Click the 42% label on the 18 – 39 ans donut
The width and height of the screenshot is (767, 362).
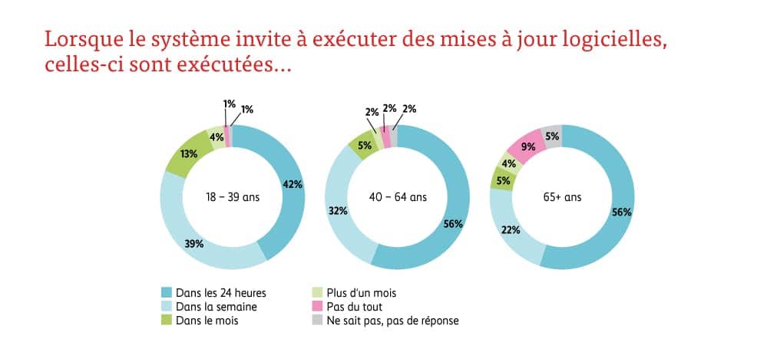pyautogui.click(x=293, y=184)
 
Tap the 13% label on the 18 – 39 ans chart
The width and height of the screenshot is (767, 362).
pyautogui.click(x=188, y=153)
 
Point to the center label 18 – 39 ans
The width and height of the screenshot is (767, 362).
pyautogui.click(x=232, y=197)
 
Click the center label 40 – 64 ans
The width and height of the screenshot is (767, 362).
pyautogui.click(x=397, y=197)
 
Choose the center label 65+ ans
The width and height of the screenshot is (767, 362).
pyautogui.click(x=562, y=197)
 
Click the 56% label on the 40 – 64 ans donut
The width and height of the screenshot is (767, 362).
pyautogui.click(x=453, y=224)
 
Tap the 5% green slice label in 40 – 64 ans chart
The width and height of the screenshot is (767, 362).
pyautogui.click(x=364, y=145)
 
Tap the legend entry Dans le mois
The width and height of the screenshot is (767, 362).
pyautogui.click(x=207, y=321)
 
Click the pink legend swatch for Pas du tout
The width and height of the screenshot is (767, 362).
pyautogui.click(x=315, y=307)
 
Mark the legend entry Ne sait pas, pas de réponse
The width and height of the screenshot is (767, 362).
pyautogui.click(x=392, y=321)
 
